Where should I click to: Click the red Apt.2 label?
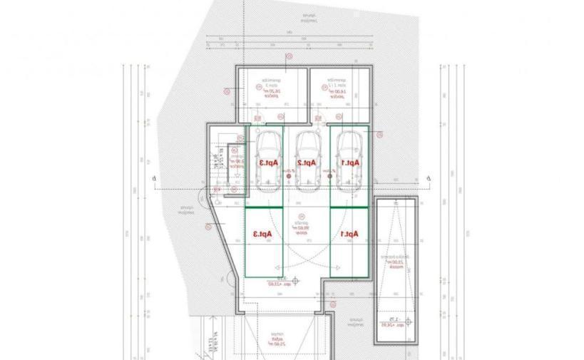coord(307,163)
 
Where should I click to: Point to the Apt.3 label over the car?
coord(267,163)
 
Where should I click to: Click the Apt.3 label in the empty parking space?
coord(265,232)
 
